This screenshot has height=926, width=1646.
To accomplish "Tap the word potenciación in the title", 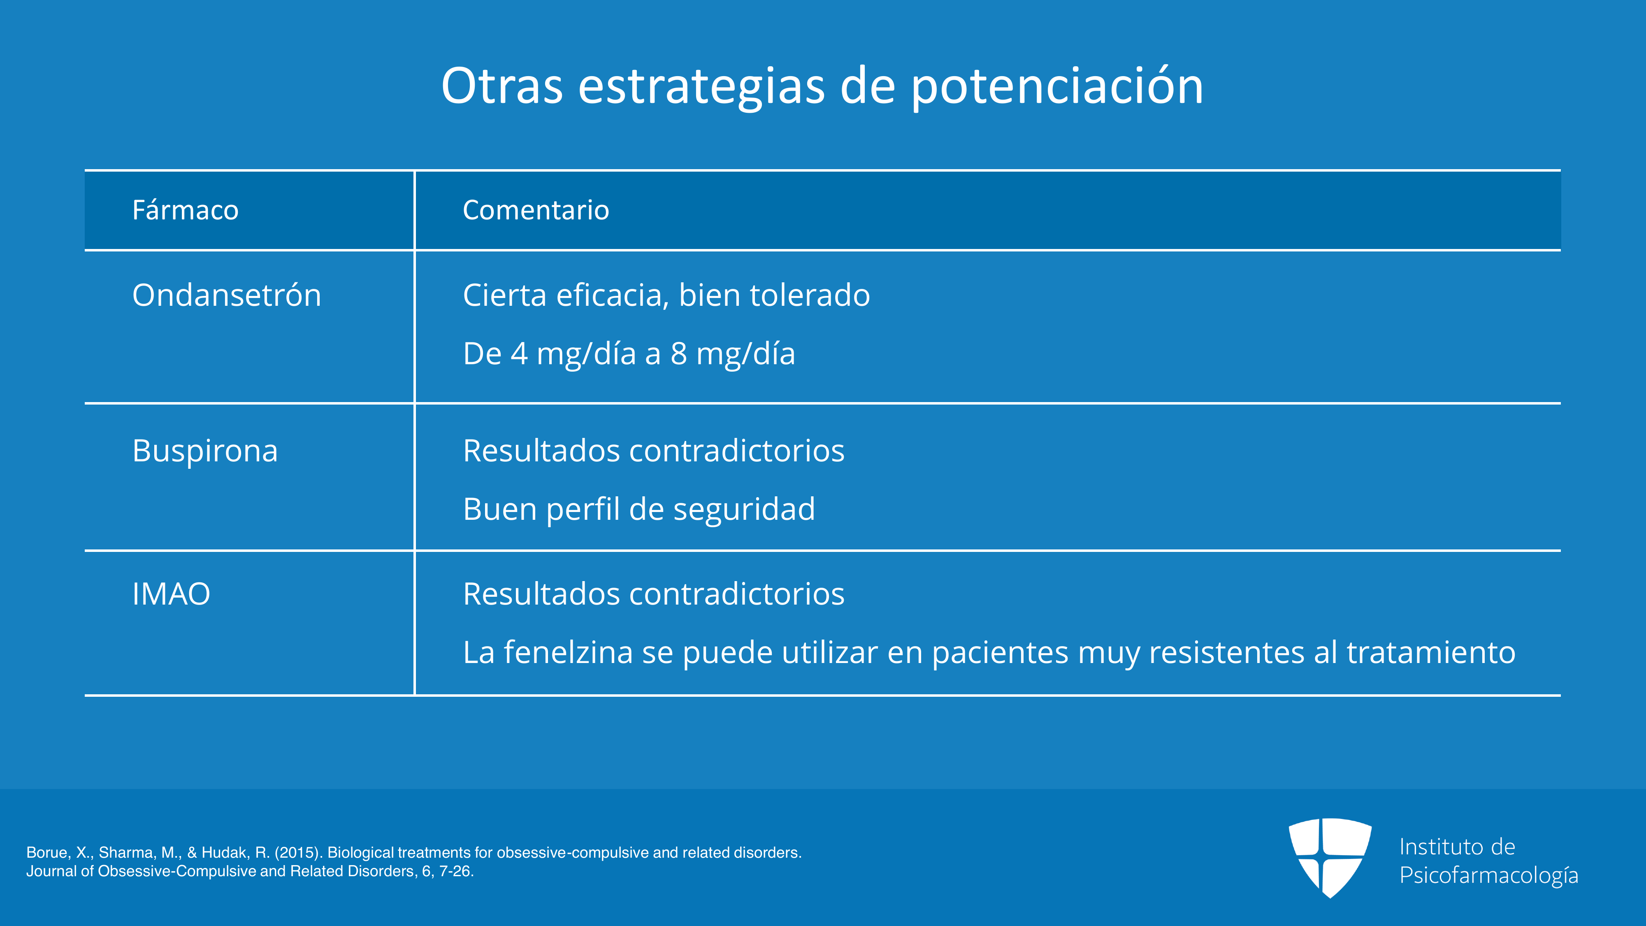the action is [1057, 86].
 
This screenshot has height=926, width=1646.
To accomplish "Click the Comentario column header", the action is [536, 210].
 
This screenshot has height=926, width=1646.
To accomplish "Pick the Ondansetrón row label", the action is [227, 295].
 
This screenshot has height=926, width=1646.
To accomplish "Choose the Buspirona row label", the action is [205, 451].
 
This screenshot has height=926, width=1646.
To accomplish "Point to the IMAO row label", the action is [171, 594].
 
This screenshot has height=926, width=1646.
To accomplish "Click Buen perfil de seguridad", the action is [639, 510].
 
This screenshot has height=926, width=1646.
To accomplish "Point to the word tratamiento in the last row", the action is [1431, 652].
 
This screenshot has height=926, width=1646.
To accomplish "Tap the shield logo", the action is [1330, 858].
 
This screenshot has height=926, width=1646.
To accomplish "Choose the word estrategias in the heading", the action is [701, 86].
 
